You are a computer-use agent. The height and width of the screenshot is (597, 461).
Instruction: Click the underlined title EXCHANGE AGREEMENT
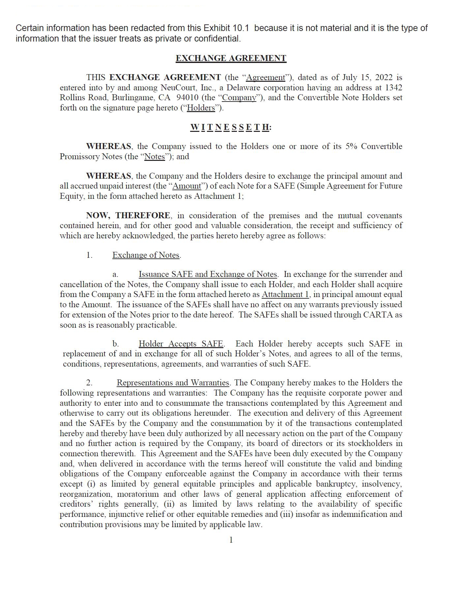pos(231,58)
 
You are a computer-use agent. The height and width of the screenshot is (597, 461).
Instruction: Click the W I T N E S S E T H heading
pos(230,127)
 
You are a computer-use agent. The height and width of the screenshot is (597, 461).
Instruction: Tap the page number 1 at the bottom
pos(231,540)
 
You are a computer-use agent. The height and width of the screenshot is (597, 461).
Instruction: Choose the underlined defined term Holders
pos(201,108)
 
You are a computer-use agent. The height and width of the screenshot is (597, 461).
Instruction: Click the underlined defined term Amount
pos(187,186)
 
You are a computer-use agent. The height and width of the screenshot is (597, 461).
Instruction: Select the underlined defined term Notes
pos(155,157)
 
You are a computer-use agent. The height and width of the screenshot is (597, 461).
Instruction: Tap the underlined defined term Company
pos(239,98)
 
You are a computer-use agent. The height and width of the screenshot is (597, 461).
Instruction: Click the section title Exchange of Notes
pos(146,255)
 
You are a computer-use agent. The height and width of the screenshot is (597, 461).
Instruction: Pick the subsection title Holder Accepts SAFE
pos(181,344)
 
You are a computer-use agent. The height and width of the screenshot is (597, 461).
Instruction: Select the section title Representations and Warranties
pos(173,383)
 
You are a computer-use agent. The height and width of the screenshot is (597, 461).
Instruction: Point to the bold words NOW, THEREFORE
pos(128,216)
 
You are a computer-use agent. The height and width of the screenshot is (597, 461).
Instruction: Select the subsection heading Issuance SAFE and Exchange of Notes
pos(208,274)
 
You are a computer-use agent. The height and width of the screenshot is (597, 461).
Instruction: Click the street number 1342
pos(393,88)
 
